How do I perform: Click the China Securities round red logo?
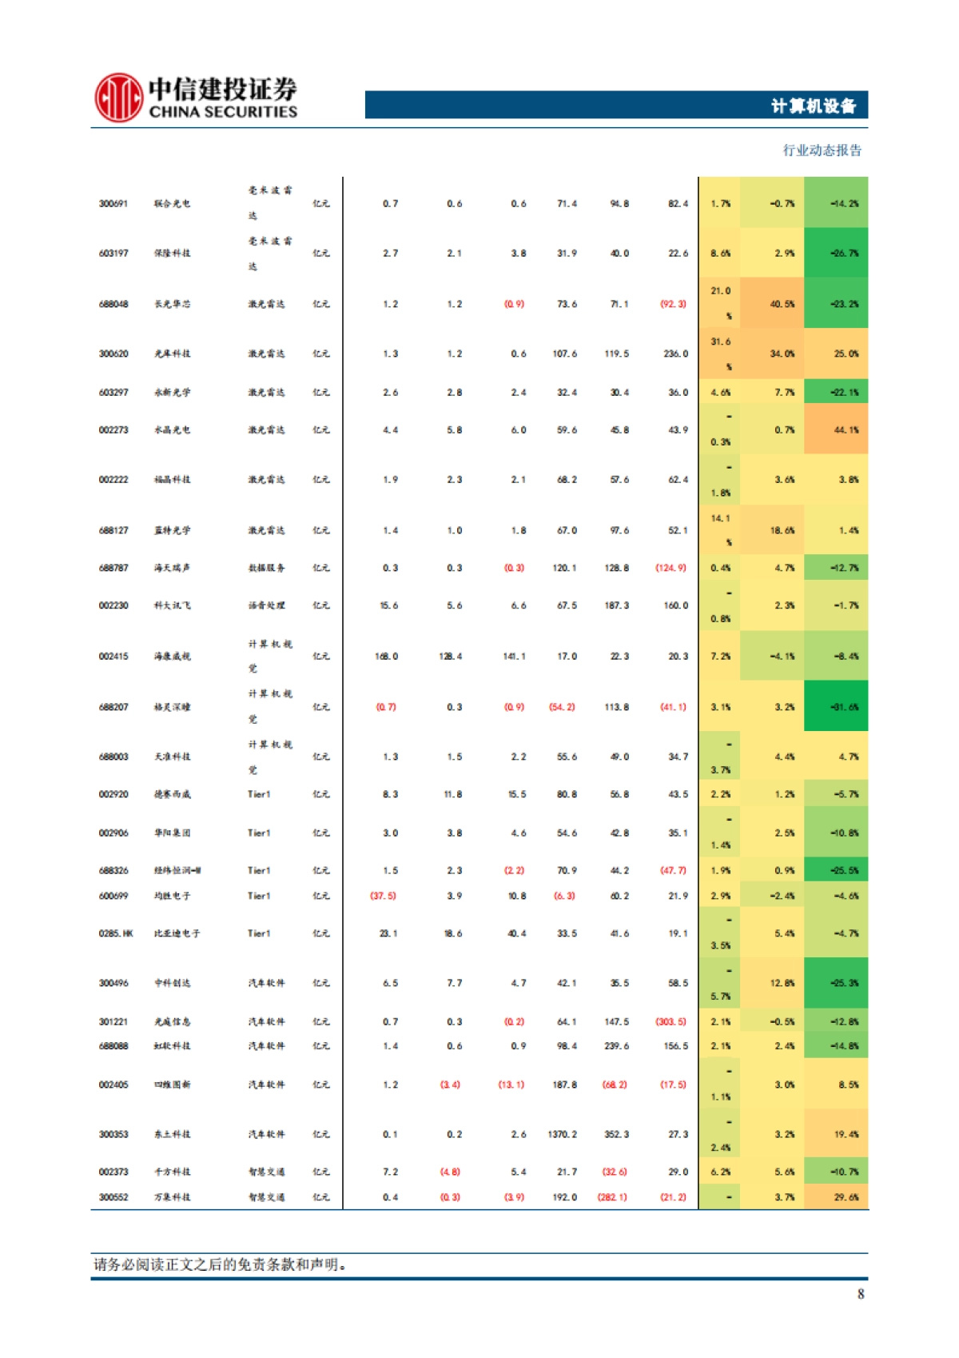[119, 98]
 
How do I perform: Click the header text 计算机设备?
[813, 106]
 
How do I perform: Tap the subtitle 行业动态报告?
[822, 150]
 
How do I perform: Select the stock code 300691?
[113, 204]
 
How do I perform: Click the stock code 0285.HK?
[116, 933]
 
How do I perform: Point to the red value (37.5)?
[383, 896]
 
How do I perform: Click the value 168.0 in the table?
[386, 657]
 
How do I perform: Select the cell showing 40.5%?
[782, 304]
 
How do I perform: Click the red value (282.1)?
[612, 1197]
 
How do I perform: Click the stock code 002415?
[113, 657]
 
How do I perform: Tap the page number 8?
[861, 1294]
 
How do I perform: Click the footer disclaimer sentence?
[221, 1264]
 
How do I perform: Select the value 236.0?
[675, 353]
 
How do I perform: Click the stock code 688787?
[113, 568]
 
